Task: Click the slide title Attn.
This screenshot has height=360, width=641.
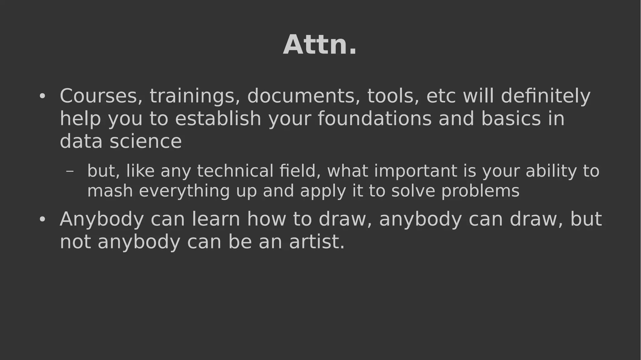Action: coord(320,45)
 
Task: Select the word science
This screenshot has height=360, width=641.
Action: coord(146,141)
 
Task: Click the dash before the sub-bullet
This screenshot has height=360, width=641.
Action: coord(70,171)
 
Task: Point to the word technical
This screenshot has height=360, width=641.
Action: coord(235,171)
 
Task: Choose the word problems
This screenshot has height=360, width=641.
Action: coord(480,191)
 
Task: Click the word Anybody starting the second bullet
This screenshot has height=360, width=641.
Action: coord(102,219)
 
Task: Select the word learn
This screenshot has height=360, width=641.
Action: coord(216,219)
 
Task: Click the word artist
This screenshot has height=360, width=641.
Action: coord(316,242)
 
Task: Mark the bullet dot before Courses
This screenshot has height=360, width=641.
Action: coord(42,96)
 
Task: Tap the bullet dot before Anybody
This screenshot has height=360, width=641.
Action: coord(42,219)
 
